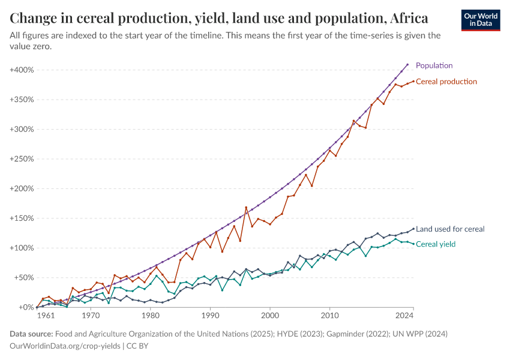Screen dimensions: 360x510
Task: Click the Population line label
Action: pyautogui.click(x=434, y=65)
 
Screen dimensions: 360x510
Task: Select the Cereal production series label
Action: pyautogui.click(x=446, y=82)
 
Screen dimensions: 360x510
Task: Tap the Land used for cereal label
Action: pyautogui.click(x=450, y=229)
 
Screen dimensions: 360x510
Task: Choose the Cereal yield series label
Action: pyautogui.click(x=436, y=244)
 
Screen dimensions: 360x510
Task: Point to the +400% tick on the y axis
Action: pyautogui.click(x=22, y=70)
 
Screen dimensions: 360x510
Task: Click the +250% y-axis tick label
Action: pyautogui.click(x=22, y=159)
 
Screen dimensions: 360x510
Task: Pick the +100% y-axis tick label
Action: pyautogui.click(x=22, y=248)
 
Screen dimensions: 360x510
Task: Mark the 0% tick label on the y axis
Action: pyautogui.click(x=26, y=307)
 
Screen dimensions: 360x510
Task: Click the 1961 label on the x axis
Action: pyautogui.click(x=44, y=315)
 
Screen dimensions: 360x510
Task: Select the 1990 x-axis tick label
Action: pyautogui.click(x=210, y=315)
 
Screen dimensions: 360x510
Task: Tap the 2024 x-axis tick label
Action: pyautogui.click(x=405, y=315)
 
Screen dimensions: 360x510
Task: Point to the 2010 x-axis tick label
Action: pyautogui.click(x=329, y=315)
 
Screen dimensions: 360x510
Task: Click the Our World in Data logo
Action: pyautogui.click(x=481, y=20)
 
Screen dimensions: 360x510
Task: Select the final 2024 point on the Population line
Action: pyautogui.click(x=407, y=64)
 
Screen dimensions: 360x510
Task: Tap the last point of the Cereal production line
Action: pyautogui.click(x=413, y=81)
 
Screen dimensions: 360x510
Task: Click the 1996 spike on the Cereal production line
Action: pyautogui.click(x=246, y=208)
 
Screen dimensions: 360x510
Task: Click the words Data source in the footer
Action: pyautogui.click(x=32, y=334)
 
